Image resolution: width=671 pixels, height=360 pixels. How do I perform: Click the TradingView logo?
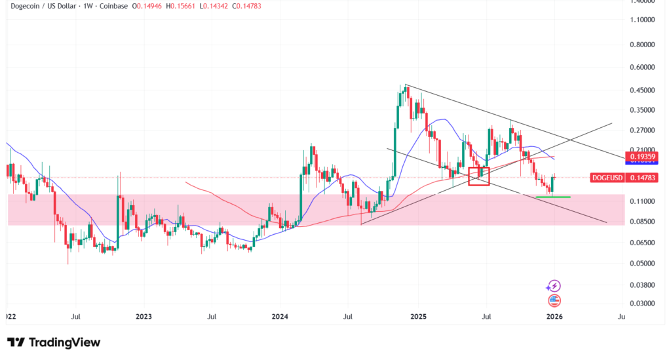pos(54,342)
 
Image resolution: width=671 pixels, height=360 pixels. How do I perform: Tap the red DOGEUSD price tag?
pos(607,177)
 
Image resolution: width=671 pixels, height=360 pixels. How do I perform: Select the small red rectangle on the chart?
pos(479,176)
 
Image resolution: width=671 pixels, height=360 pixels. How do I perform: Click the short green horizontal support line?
pos(552,197)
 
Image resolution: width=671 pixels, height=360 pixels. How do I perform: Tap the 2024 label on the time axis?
pos(280,316)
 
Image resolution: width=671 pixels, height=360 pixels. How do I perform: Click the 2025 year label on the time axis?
pos(418,316)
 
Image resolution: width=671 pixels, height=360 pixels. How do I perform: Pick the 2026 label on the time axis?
pos(554,316)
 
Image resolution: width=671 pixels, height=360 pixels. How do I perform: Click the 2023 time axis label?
pos(144,316)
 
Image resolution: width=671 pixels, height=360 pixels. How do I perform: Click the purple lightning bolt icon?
pos(554,286)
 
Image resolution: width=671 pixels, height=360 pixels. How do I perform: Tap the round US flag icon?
pos(554,301)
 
